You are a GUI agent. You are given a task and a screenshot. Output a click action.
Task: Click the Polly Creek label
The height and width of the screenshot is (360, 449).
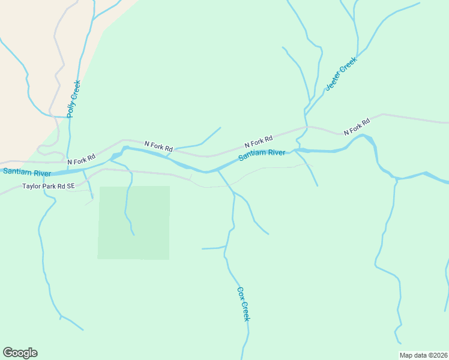click(x=73, y=98)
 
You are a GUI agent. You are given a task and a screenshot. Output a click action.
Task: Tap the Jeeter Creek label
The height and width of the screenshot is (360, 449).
click(x=341, y=74)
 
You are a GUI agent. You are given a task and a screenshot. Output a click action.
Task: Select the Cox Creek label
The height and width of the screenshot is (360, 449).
click(x=243, y=304)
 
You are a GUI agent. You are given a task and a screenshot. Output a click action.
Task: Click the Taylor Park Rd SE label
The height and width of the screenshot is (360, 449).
click(x=49, y=187)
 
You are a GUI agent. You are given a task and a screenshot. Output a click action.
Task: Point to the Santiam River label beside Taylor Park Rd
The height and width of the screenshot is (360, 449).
click(x=26, y=172)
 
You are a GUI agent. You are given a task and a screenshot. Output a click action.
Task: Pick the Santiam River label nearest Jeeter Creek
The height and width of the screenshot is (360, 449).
click(x=262, y=155)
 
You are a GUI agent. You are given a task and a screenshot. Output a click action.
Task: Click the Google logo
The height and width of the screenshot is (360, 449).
click(x=20, y=353)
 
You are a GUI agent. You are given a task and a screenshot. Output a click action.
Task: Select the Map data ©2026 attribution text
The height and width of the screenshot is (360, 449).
click(x=423, y=355)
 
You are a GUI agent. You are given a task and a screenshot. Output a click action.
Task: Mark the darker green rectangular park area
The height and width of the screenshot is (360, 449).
click(x=134, y=223)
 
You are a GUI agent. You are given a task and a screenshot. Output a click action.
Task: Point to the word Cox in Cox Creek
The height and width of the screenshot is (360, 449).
click(x=241, y=293)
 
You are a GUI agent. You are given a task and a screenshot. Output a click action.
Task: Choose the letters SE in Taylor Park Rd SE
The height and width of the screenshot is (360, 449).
click(x=70, y=187)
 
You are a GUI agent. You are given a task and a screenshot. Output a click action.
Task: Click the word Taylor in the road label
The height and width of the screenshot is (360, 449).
click(x=32, y=187)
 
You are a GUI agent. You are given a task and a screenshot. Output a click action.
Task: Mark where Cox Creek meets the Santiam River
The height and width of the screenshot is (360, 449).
click(x=217, y=170)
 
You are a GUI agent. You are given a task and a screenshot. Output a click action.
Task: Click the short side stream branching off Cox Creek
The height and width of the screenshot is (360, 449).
click(x=213, y=248)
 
